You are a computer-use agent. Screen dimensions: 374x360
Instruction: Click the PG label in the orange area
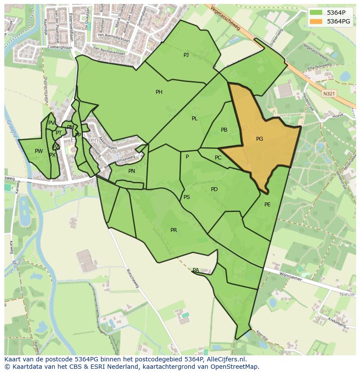tap(260, 139)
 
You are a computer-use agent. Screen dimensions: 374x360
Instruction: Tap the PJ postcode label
tap(186, 55)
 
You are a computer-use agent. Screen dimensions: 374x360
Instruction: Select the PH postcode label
tap(159, 92)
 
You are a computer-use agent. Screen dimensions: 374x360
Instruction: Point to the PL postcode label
tap(194, 119)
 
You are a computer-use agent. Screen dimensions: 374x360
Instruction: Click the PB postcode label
tap(224, 130)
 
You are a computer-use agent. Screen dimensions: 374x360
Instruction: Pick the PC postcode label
tap(218, 158)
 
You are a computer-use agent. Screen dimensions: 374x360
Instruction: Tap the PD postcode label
tap(214, 189)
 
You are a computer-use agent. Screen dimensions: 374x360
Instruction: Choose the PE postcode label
tap(267, 205)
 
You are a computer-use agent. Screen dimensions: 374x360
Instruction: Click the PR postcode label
tap(173, 230)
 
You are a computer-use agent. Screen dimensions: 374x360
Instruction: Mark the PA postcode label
tap(196, 270)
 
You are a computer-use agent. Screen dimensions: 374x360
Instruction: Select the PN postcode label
tap(132, 171)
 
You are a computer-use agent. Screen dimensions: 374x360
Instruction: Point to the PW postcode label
tap(39, 151)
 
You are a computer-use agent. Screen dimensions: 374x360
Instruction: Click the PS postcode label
tap(187, 197)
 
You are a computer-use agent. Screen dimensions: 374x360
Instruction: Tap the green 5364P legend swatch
tap(316, 12)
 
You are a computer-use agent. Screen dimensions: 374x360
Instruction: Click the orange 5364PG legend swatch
tap(316, 21)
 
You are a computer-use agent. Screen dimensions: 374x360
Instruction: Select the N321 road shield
tap(329, 93)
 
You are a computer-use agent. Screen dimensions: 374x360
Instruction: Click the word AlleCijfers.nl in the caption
tap(226, 359)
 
